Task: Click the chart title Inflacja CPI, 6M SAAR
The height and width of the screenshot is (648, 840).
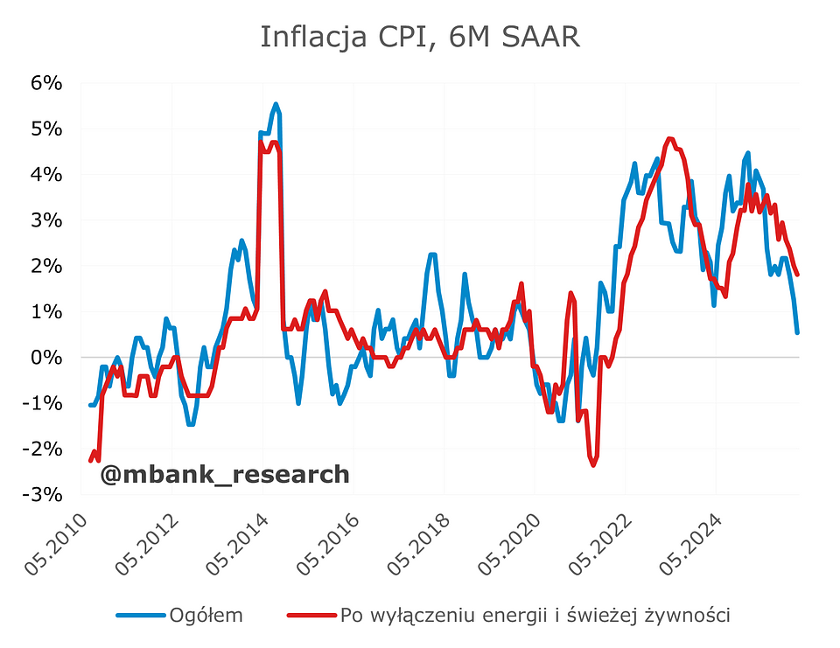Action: tap(420, 38)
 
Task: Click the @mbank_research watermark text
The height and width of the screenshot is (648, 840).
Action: tap(225, 475)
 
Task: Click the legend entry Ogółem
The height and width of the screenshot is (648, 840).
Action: tap(206, 616)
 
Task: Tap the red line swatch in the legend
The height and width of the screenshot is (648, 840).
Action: tap(311, 616)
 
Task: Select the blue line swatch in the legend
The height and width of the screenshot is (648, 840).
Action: tap(140, 616)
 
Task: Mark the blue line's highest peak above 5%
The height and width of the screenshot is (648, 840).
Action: tap(276, 104)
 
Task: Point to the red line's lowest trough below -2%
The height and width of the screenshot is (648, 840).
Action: tap(593, 464)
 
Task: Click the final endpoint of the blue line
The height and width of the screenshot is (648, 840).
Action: tap(797, 332)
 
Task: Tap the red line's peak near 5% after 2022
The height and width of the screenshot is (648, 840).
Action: tap(670, 138)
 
